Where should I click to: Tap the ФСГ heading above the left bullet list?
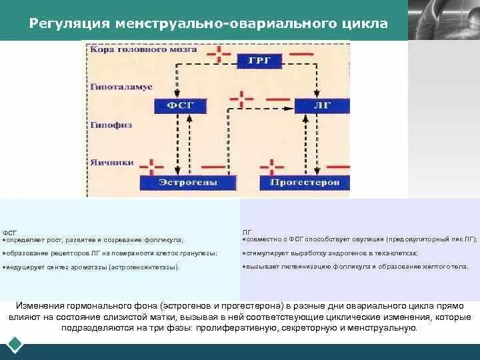tap(9, 232)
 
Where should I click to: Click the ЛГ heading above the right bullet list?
tap(247, 232)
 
